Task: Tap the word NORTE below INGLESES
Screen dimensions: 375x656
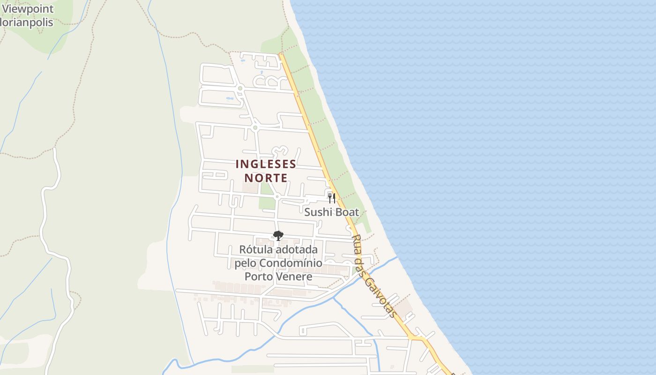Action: [x=266, y=178]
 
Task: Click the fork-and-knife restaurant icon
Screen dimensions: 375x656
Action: [x=331, y=198]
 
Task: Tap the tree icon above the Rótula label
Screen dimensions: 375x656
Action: [x=278, y=235]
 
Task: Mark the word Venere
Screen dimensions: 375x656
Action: [x=295, y=277]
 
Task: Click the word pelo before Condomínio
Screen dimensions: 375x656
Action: [x=245, y=263]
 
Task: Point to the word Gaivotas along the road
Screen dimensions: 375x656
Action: [x=380, y=297]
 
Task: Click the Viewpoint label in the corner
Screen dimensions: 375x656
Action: [x=28, y=9]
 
